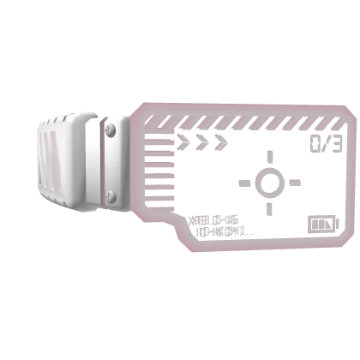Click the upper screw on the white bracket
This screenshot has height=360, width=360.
tap(110, 131)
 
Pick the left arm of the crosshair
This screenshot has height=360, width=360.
tap(244, 183)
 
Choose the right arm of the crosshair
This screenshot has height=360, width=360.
tap(293, 183)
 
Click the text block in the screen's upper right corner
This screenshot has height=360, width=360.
tap(327, 142)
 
